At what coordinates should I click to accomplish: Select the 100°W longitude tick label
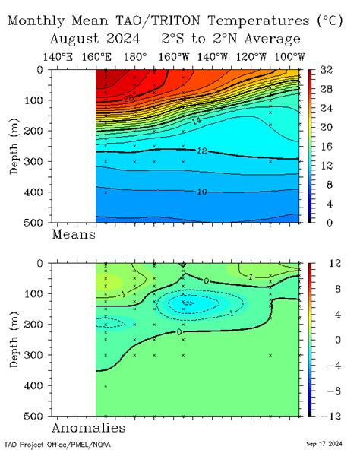point(289,56)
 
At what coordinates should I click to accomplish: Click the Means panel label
point(73,235)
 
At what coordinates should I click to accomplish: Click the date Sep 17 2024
point(325,443)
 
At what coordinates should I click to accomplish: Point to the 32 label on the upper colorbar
point(327,70)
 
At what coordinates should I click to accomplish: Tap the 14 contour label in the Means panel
point(195,120)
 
